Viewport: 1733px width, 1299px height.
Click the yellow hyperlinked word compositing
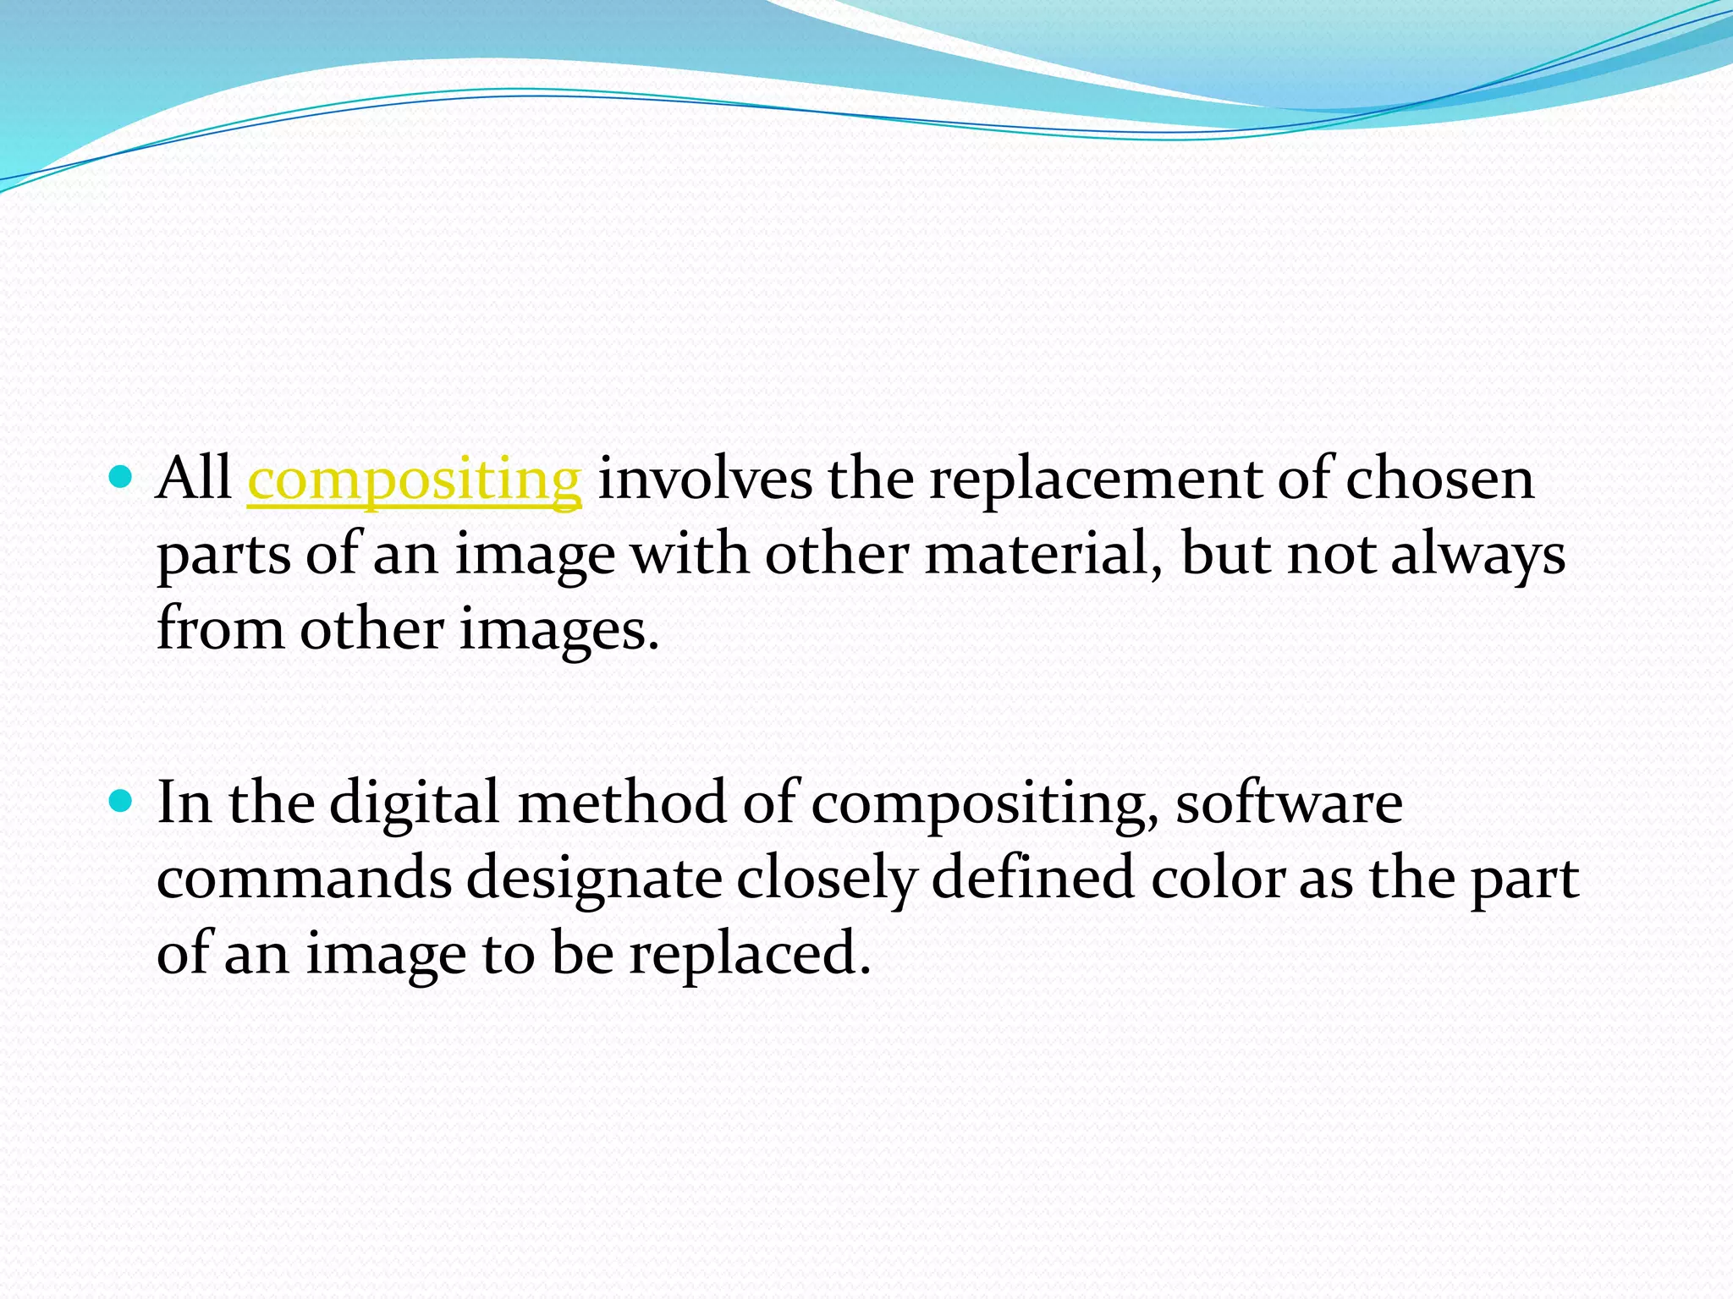[414, 480]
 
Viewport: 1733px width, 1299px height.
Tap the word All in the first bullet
[194, 478]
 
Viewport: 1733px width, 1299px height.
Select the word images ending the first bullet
[558, 630]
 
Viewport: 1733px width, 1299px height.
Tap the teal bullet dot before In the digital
[122, 800]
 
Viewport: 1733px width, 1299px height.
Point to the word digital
[414, 803]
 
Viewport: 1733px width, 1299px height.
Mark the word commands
[304, 877]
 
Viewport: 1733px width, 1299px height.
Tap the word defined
[1032, 877]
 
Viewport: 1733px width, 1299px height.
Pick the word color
[1218, 877]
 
